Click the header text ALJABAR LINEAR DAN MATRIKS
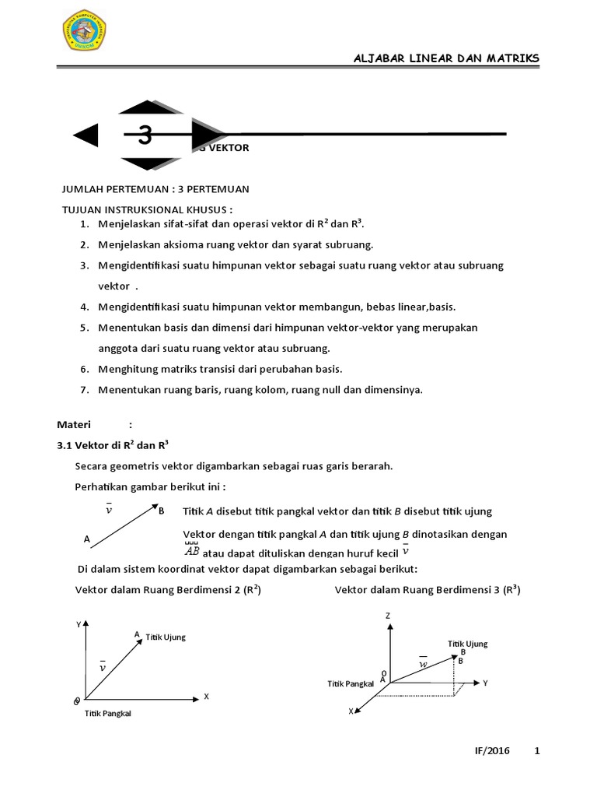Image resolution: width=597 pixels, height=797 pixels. tap(446, 59)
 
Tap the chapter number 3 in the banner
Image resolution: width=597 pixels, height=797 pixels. tap(145, 136)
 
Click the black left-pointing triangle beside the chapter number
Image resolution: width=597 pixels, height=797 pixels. tap(86, 135)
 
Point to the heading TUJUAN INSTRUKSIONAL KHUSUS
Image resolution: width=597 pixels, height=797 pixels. tap(147, 210)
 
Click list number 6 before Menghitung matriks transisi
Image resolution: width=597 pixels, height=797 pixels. tap(83, 368)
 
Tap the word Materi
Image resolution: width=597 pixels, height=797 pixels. tap(74, 424)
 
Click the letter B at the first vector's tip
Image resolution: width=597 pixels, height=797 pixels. tap(161, 511)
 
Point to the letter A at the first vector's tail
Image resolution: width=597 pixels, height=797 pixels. tap(87, 539)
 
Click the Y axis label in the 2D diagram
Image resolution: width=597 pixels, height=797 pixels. tap(78, 624)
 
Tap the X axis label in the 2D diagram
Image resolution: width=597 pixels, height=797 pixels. tap(206, 697)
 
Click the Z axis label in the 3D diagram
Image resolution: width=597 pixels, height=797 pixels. tap(387, 616)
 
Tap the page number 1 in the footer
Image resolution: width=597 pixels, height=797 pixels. tap(536, 751)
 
